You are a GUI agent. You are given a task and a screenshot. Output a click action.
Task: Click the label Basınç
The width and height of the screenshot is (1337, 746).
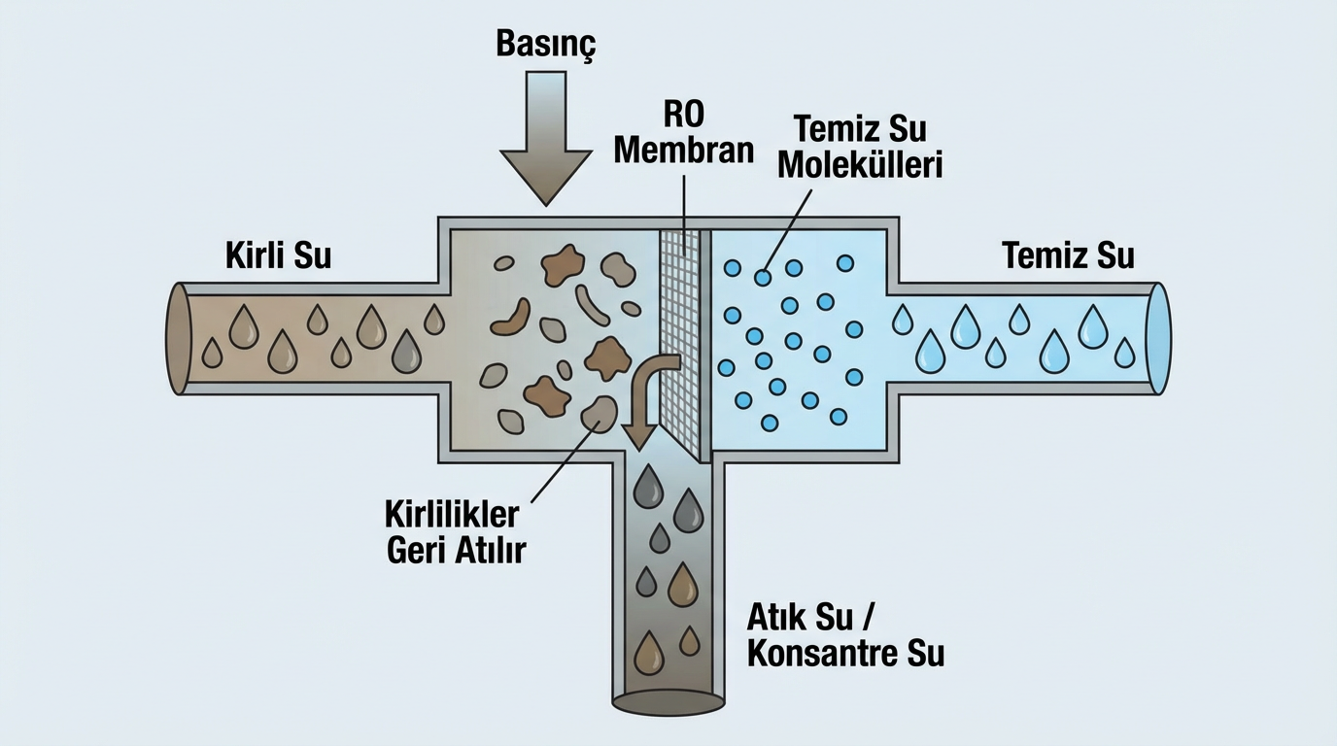pyautogui.click(x=545, y=44)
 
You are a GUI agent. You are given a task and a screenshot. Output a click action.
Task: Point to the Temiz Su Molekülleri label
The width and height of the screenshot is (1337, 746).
pyautogui.click(x=860, y=146)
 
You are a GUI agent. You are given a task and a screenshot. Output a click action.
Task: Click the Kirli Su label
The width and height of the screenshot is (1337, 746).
pyautogui.click(x=278, y=255)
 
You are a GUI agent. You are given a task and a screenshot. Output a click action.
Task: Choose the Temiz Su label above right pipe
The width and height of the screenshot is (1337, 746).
pyautogui.click(x=1068, y=255)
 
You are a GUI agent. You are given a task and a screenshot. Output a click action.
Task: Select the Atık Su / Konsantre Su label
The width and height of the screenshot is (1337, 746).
pyautogui.click(x=845, y=634)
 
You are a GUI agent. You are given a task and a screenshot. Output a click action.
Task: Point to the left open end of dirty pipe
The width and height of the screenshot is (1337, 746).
pyautogui.click(x=177, y=338)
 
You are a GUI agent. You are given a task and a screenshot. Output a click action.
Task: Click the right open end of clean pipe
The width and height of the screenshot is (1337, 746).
pyautogui.click(x=1158, y=338)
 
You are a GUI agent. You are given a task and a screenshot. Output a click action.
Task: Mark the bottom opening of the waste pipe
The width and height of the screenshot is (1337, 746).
pyautogui.click(x=668, y=699)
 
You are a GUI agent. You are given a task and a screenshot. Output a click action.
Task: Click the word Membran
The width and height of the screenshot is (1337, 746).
pyautogui.click(x=684, y=151)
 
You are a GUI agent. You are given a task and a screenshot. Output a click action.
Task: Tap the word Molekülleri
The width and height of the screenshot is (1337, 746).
pyautogui.click(x=860, y=165)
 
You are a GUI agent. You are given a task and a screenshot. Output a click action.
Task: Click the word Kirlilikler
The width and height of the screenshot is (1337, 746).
pyautogui.click(x=453, y=514)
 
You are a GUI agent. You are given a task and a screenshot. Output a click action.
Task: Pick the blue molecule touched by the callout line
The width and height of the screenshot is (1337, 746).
pyautogui.click(x=764, y=277)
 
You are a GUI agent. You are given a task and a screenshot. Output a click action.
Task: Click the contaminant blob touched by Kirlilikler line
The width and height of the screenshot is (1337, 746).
pyautogui.click(x=598, y=412)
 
